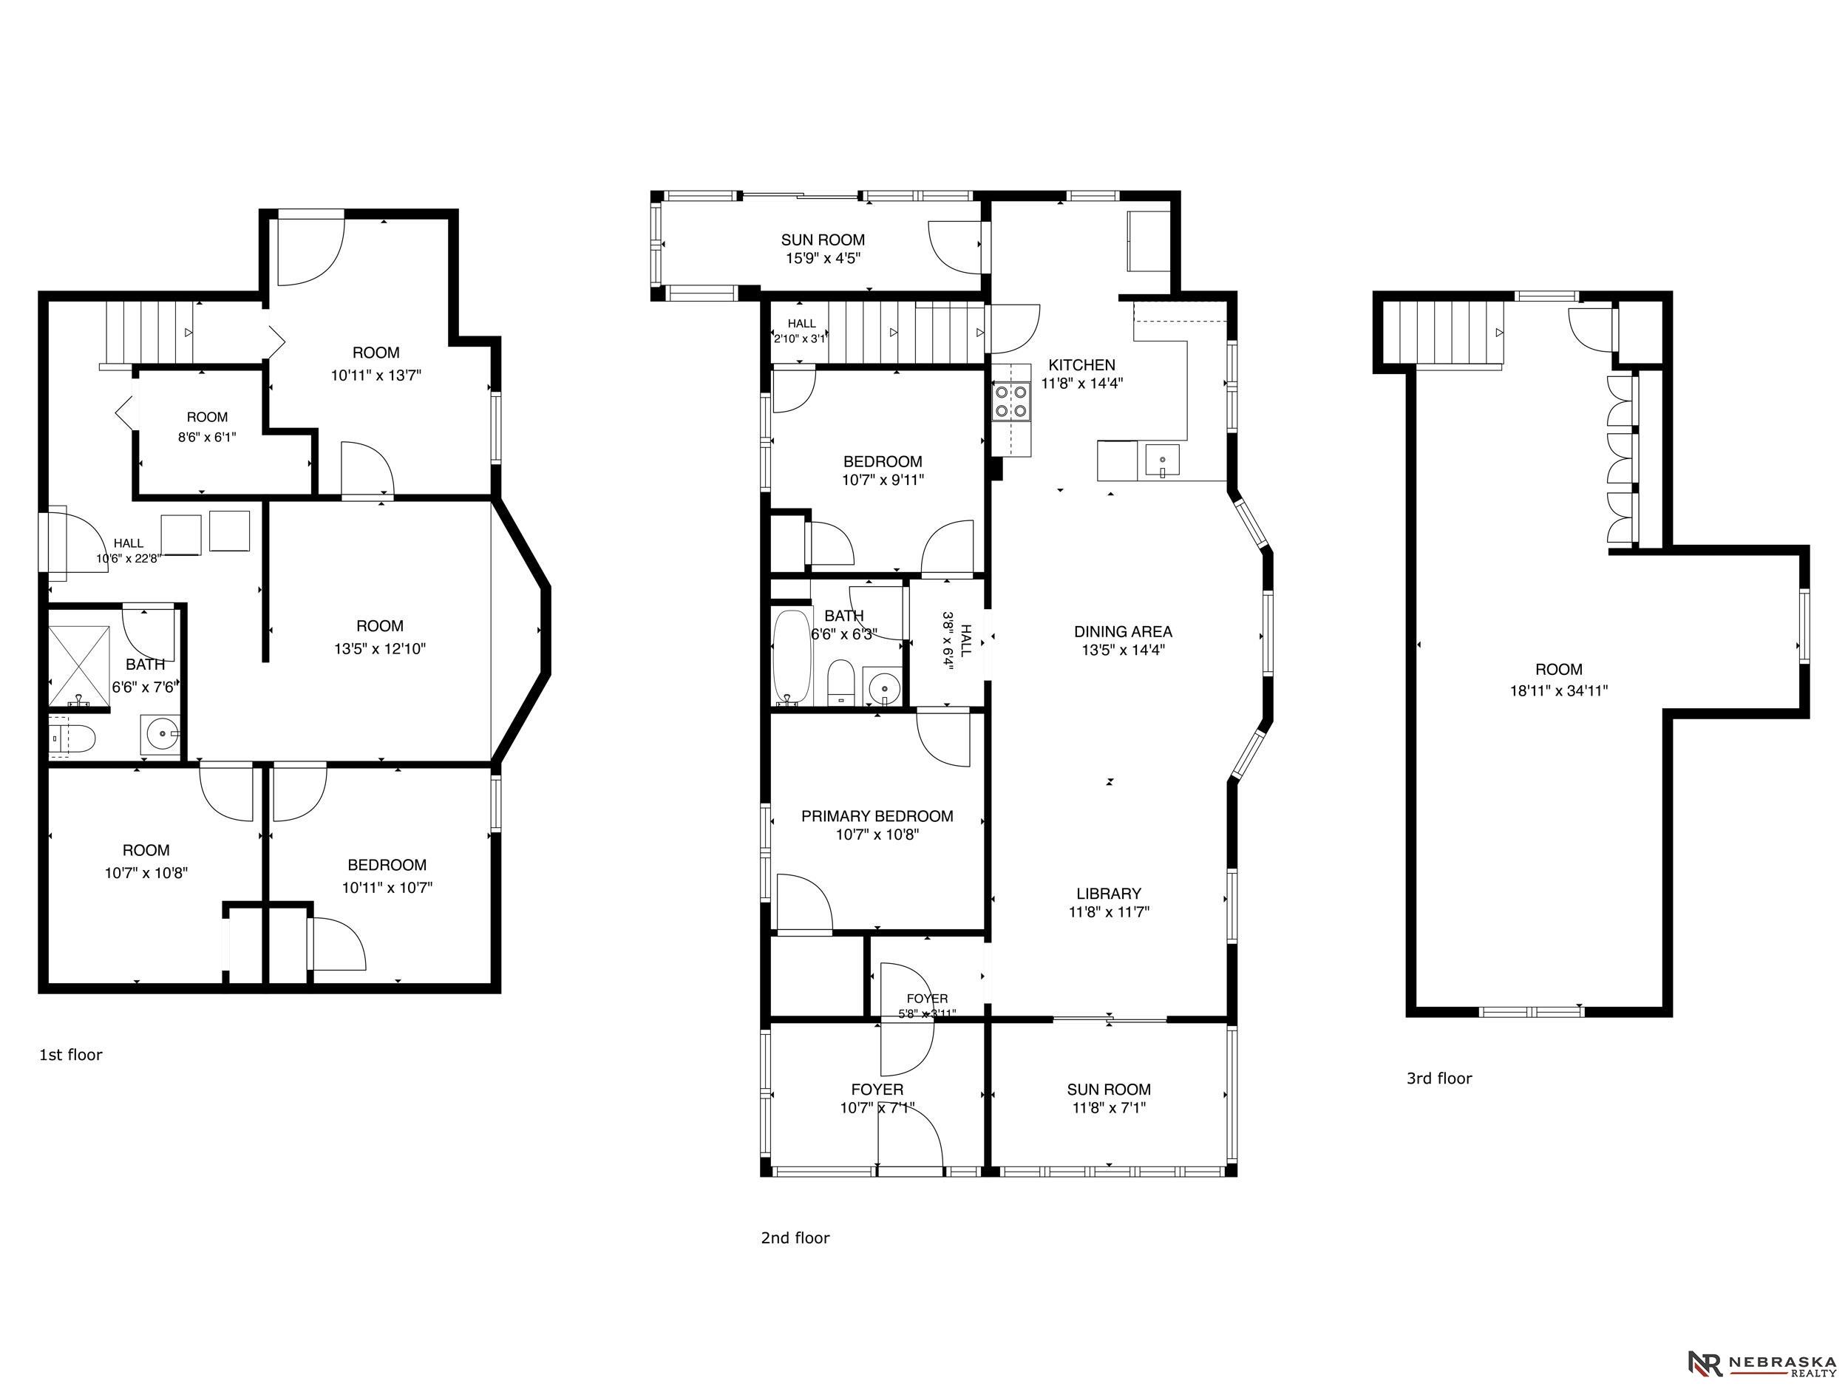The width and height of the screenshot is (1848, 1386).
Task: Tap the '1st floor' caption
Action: (x=71, y=1055)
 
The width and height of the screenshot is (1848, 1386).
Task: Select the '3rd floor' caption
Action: (x=1438, y=1078)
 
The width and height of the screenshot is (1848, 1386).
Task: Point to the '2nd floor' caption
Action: (x=795, y=1238)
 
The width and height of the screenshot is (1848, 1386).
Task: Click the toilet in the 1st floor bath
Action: (x=72, y=738)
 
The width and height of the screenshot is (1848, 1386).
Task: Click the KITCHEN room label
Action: (x=1082, y=365)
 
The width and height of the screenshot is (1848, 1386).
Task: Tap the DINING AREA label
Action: (x=1123, y=631)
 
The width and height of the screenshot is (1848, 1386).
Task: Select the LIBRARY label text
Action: (x=1109, y=893)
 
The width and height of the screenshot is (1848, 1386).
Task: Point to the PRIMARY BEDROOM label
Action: (x=877, y=816)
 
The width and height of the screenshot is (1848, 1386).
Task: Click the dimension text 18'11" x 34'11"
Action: (x=1558, y=691)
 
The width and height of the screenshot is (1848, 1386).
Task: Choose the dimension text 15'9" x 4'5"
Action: (x=823, y=258)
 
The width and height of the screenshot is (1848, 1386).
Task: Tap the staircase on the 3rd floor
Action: (x=1444, y=333)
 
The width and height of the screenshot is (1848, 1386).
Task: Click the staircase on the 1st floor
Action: (x=150, y=333)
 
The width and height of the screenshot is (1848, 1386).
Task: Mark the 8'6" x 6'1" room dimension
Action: (x=206, y=436)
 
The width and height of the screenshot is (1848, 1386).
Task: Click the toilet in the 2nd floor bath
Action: (x=840, y=682)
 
